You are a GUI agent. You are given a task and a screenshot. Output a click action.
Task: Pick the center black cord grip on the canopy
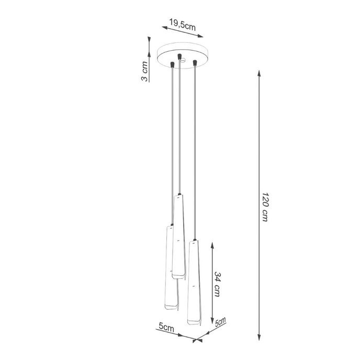(179, 55)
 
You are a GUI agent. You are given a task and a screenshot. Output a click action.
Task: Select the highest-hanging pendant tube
(179, 235)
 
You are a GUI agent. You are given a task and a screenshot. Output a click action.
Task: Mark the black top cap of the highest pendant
(179, 195)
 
